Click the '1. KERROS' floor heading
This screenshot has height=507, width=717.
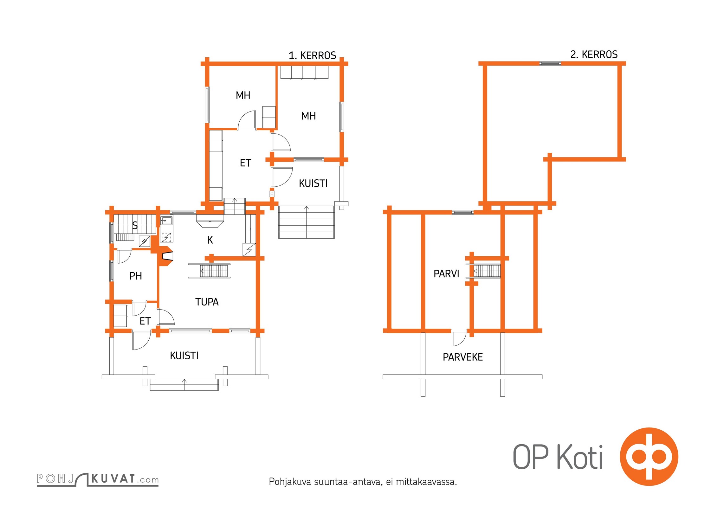click(x=312, y=55)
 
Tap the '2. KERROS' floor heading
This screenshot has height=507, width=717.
click(x=594, y=55)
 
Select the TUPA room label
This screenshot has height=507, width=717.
click(x=207, y=302)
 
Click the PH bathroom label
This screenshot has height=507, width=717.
click(x=136, y=276)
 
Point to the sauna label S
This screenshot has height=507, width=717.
click(x=135, y=226)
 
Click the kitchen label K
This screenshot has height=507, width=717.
click(x=210, y=240)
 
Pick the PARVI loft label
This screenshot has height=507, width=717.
click(x=446, y=274)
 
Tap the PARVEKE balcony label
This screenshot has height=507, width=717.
click(x=463, y=357)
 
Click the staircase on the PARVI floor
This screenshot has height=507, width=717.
click(x=487, y=271)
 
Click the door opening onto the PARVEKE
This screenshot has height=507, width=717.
click(x=459, y=338)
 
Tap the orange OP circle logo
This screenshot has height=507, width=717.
click(x=649, y=457)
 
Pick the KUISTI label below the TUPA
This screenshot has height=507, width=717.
click(x=184, y=356)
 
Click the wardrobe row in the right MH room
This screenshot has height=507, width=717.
click(x=304, y=72)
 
